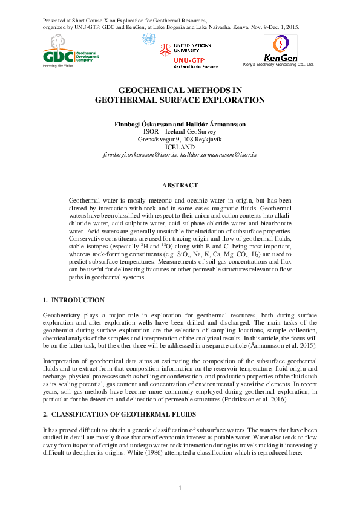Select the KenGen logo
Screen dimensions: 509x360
point(280,48)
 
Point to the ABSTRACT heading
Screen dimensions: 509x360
point(180,184)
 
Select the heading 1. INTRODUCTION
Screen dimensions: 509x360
point(74,300)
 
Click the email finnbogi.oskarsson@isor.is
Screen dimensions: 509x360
point(140,155)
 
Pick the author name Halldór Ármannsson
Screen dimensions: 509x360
point(217,123)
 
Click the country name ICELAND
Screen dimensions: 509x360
point(180,147)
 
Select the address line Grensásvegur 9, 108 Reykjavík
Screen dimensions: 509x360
point(180,139)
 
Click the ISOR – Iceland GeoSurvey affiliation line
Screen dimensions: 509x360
point(180,131)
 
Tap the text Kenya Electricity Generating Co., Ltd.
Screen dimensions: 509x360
point(278,64)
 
